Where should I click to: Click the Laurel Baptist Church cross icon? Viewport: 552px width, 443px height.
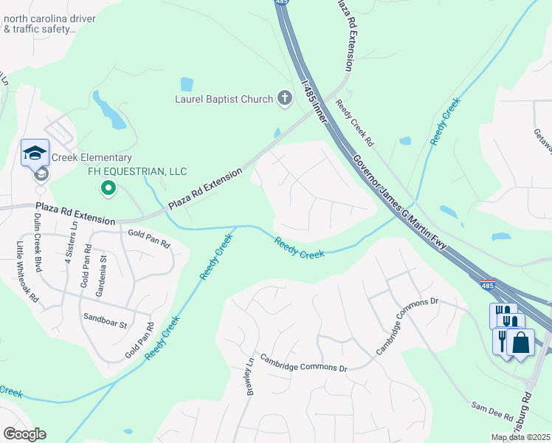click(285, 98)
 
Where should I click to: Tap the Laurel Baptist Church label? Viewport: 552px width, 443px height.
click(224, 99)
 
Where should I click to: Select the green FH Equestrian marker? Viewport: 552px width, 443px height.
click(109, 189)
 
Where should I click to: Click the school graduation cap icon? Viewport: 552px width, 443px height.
click(35, 152)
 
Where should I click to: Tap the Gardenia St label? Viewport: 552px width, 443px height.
click(104, 272)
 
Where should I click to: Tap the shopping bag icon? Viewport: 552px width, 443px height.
click(520, 343)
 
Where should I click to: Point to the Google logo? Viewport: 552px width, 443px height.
click(24, 434)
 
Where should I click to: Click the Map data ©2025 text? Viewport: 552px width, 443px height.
click(520, 437)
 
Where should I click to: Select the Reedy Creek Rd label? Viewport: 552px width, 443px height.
click(355, 122)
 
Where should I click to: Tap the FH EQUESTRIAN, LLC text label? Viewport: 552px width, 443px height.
click(137, 171)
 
